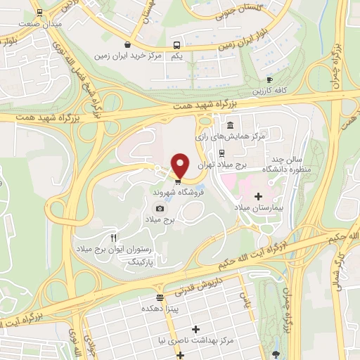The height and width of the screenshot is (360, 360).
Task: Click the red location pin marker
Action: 180,165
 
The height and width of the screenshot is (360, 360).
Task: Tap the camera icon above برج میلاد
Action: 160,208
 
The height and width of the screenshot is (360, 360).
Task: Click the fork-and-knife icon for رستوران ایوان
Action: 113,238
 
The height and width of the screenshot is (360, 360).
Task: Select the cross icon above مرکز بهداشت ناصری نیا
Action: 195,329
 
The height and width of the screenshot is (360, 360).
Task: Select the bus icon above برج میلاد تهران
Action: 221,152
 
